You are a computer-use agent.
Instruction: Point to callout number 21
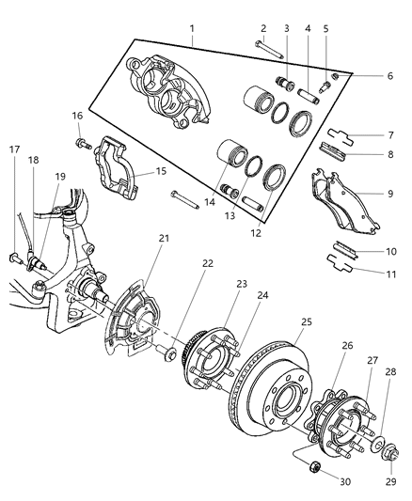click(x=164, y=264)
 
